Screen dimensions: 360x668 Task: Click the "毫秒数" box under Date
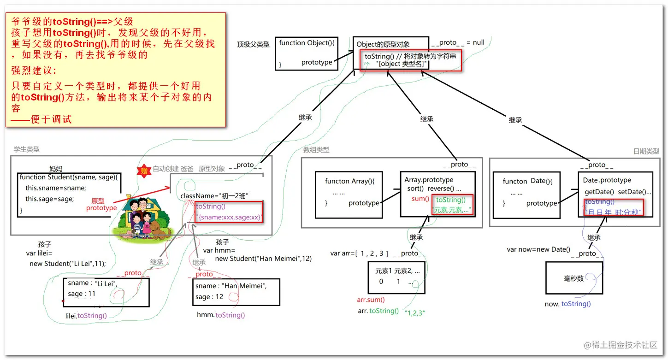574,278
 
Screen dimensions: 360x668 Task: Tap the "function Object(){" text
307,43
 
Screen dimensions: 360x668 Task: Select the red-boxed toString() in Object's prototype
410,60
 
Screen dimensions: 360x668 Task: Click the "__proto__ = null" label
457,42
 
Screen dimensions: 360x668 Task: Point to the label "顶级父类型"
253,45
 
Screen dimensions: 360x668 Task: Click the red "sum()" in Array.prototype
420,199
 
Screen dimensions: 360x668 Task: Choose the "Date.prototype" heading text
607,180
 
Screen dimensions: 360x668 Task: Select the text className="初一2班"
214,196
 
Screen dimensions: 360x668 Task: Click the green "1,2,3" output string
414,313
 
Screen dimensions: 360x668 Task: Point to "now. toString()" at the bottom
568,304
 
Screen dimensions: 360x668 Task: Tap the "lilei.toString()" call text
86,316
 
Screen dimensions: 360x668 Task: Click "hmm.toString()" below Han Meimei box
221,315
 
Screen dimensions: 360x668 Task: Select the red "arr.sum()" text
371,300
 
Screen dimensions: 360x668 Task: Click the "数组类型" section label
316,150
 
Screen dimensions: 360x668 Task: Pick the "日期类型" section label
646,151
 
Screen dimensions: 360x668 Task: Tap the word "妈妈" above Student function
56,169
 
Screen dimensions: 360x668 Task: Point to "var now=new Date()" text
538,249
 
